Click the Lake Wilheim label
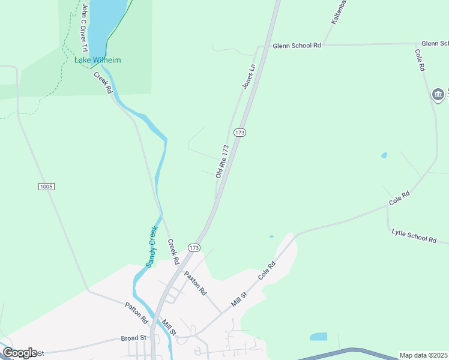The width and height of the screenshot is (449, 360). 97,60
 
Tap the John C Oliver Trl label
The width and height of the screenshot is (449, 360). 85,27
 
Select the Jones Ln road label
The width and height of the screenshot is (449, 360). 249,76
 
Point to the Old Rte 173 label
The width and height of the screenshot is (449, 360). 223,161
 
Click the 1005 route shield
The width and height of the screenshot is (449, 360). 46,187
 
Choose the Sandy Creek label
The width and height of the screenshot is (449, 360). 151,247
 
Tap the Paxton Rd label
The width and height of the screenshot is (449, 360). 196,283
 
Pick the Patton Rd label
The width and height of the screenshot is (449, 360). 136,314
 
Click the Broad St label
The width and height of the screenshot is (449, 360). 133,338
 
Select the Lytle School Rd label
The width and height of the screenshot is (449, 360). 414,235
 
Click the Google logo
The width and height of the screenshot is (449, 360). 19,353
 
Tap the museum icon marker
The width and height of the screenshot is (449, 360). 438,94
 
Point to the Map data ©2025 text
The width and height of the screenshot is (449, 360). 424,355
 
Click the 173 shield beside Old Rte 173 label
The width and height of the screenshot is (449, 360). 240,132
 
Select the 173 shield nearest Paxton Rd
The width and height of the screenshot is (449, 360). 193,247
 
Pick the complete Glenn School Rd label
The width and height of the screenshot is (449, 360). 297,45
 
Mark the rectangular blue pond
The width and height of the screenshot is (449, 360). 318,337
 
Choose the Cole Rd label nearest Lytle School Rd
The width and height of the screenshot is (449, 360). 399,198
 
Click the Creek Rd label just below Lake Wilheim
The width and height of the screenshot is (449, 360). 103,83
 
